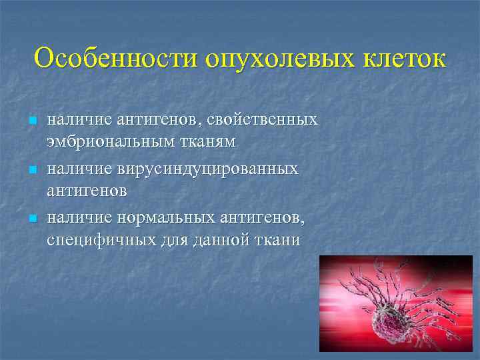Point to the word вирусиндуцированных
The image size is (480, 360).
point(207,169)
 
